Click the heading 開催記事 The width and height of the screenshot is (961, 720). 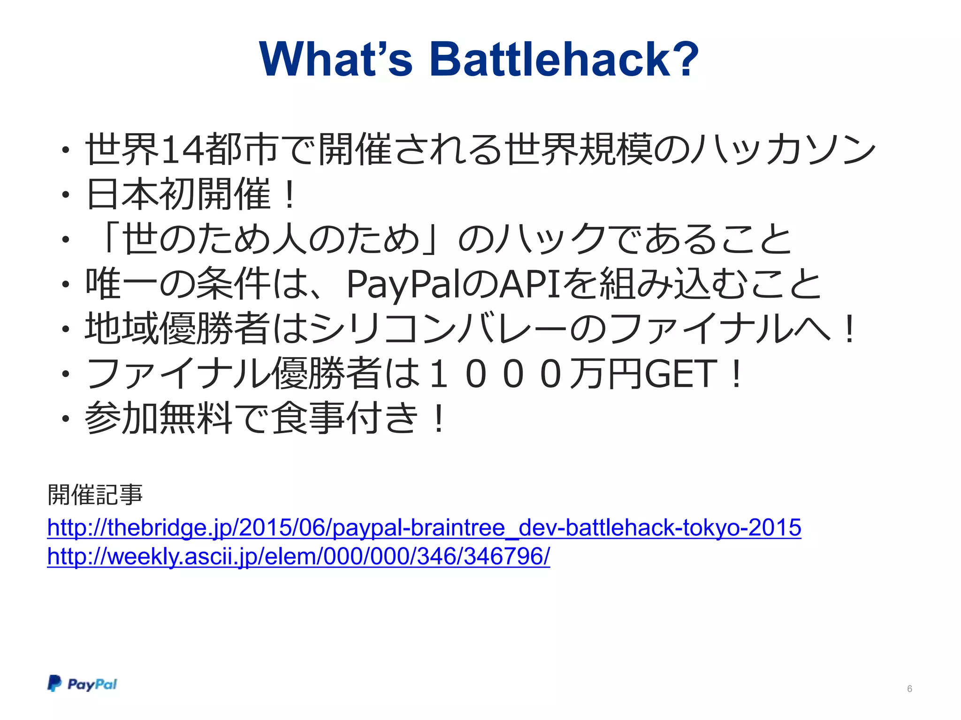coord(95,495)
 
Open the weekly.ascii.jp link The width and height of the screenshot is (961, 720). coord(298,557)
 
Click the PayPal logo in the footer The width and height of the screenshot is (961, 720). coord(82,684)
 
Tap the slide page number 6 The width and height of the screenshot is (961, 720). coord(909,689)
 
